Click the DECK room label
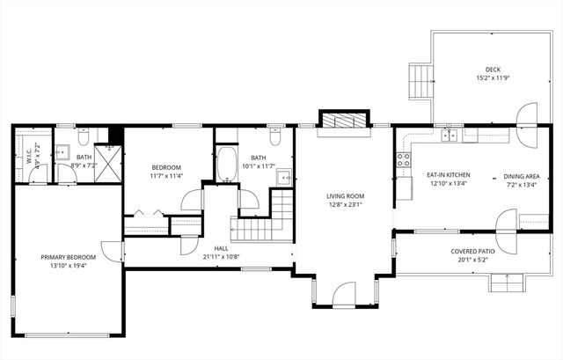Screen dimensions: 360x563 [x=493, y=70]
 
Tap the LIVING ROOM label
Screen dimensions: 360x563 [x=345, y=196]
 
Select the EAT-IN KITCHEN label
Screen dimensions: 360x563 [x=449, y=175]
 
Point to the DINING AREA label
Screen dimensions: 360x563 [x=520, y=175]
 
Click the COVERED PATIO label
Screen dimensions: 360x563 [x=472, y=251]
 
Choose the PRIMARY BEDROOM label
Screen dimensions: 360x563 [x=67, y=258]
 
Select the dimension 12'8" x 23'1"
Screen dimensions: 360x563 [x=345, y=205]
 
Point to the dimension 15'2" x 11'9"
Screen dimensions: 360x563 [x=493, y=78]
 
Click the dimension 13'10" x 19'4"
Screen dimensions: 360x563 [x=67, y=267]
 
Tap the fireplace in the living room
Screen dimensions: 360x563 [x=344, y=121]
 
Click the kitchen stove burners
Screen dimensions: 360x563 [x=404, y=159]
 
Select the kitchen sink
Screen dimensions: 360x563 [x=450, y=135]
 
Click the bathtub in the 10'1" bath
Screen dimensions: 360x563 [x=225, y=162]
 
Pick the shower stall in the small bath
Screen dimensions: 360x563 [x=108, y=162]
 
